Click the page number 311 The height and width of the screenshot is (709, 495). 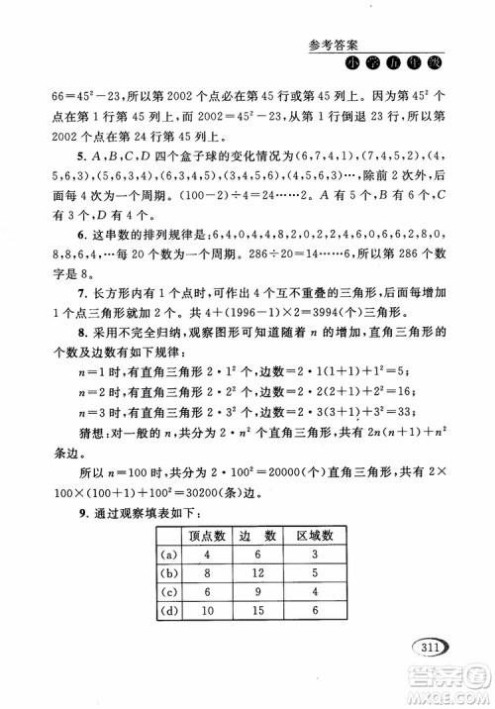(x=427, y=649)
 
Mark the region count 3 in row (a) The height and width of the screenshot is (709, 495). (x=313, y=557)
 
